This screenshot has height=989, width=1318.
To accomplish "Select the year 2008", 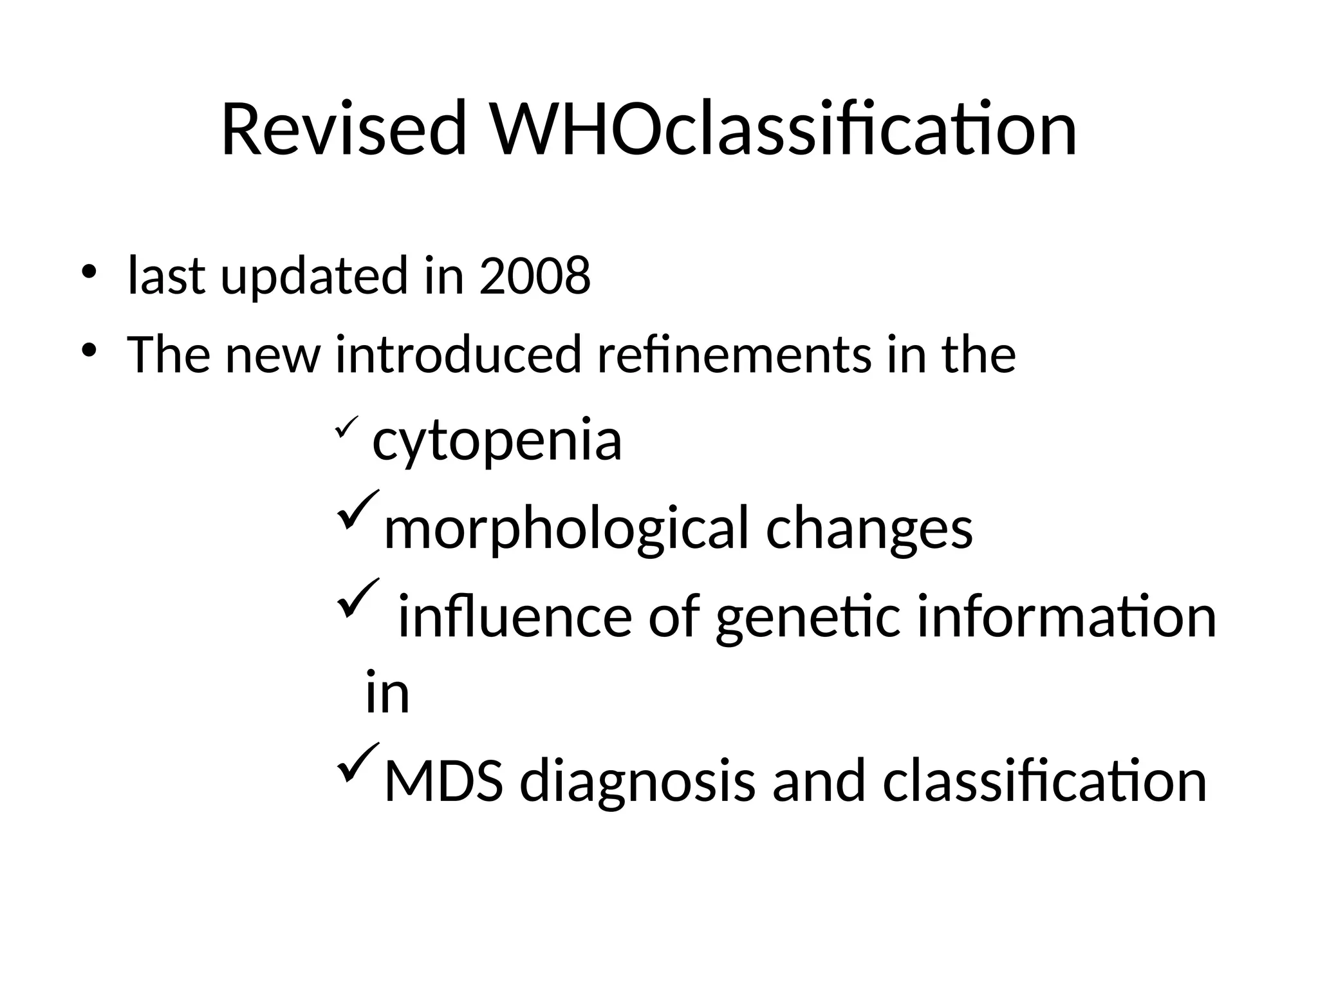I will (x=534, y=276).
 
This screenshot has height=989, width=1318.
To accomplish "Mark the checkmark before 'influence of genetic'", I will (x=357, y=598).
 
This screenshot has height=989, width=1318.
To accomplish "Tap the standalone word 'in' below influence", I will (x=387, y=693).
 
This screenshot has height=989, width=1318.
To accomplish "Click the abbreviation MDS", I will (x=443, y=781).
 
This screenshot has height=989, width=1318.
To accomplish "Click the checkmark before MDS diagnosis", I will (x=357, y=762).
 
